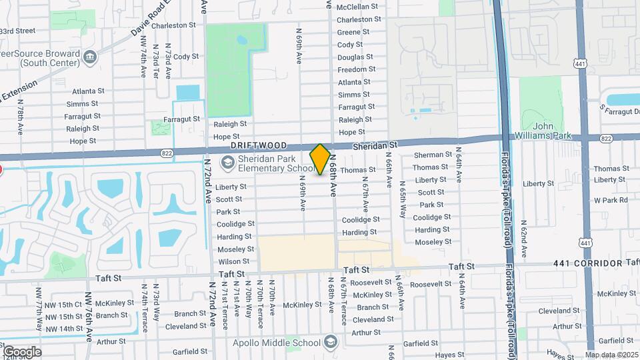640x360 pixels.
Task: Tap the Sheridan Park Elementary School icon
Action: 228,162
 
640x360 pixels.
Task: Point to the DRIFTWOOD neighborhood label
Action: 259,145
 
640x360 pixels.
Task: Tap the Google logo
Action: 22,351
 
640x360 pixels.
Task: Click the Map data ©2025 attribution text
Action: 611,355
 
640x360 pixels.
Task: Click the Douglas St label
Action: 351,57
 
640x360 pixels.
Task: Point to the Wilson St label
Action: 233,261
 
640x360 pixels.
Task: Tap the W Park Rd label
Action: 611,200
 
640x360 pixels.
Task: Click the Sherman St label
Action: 429,155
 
